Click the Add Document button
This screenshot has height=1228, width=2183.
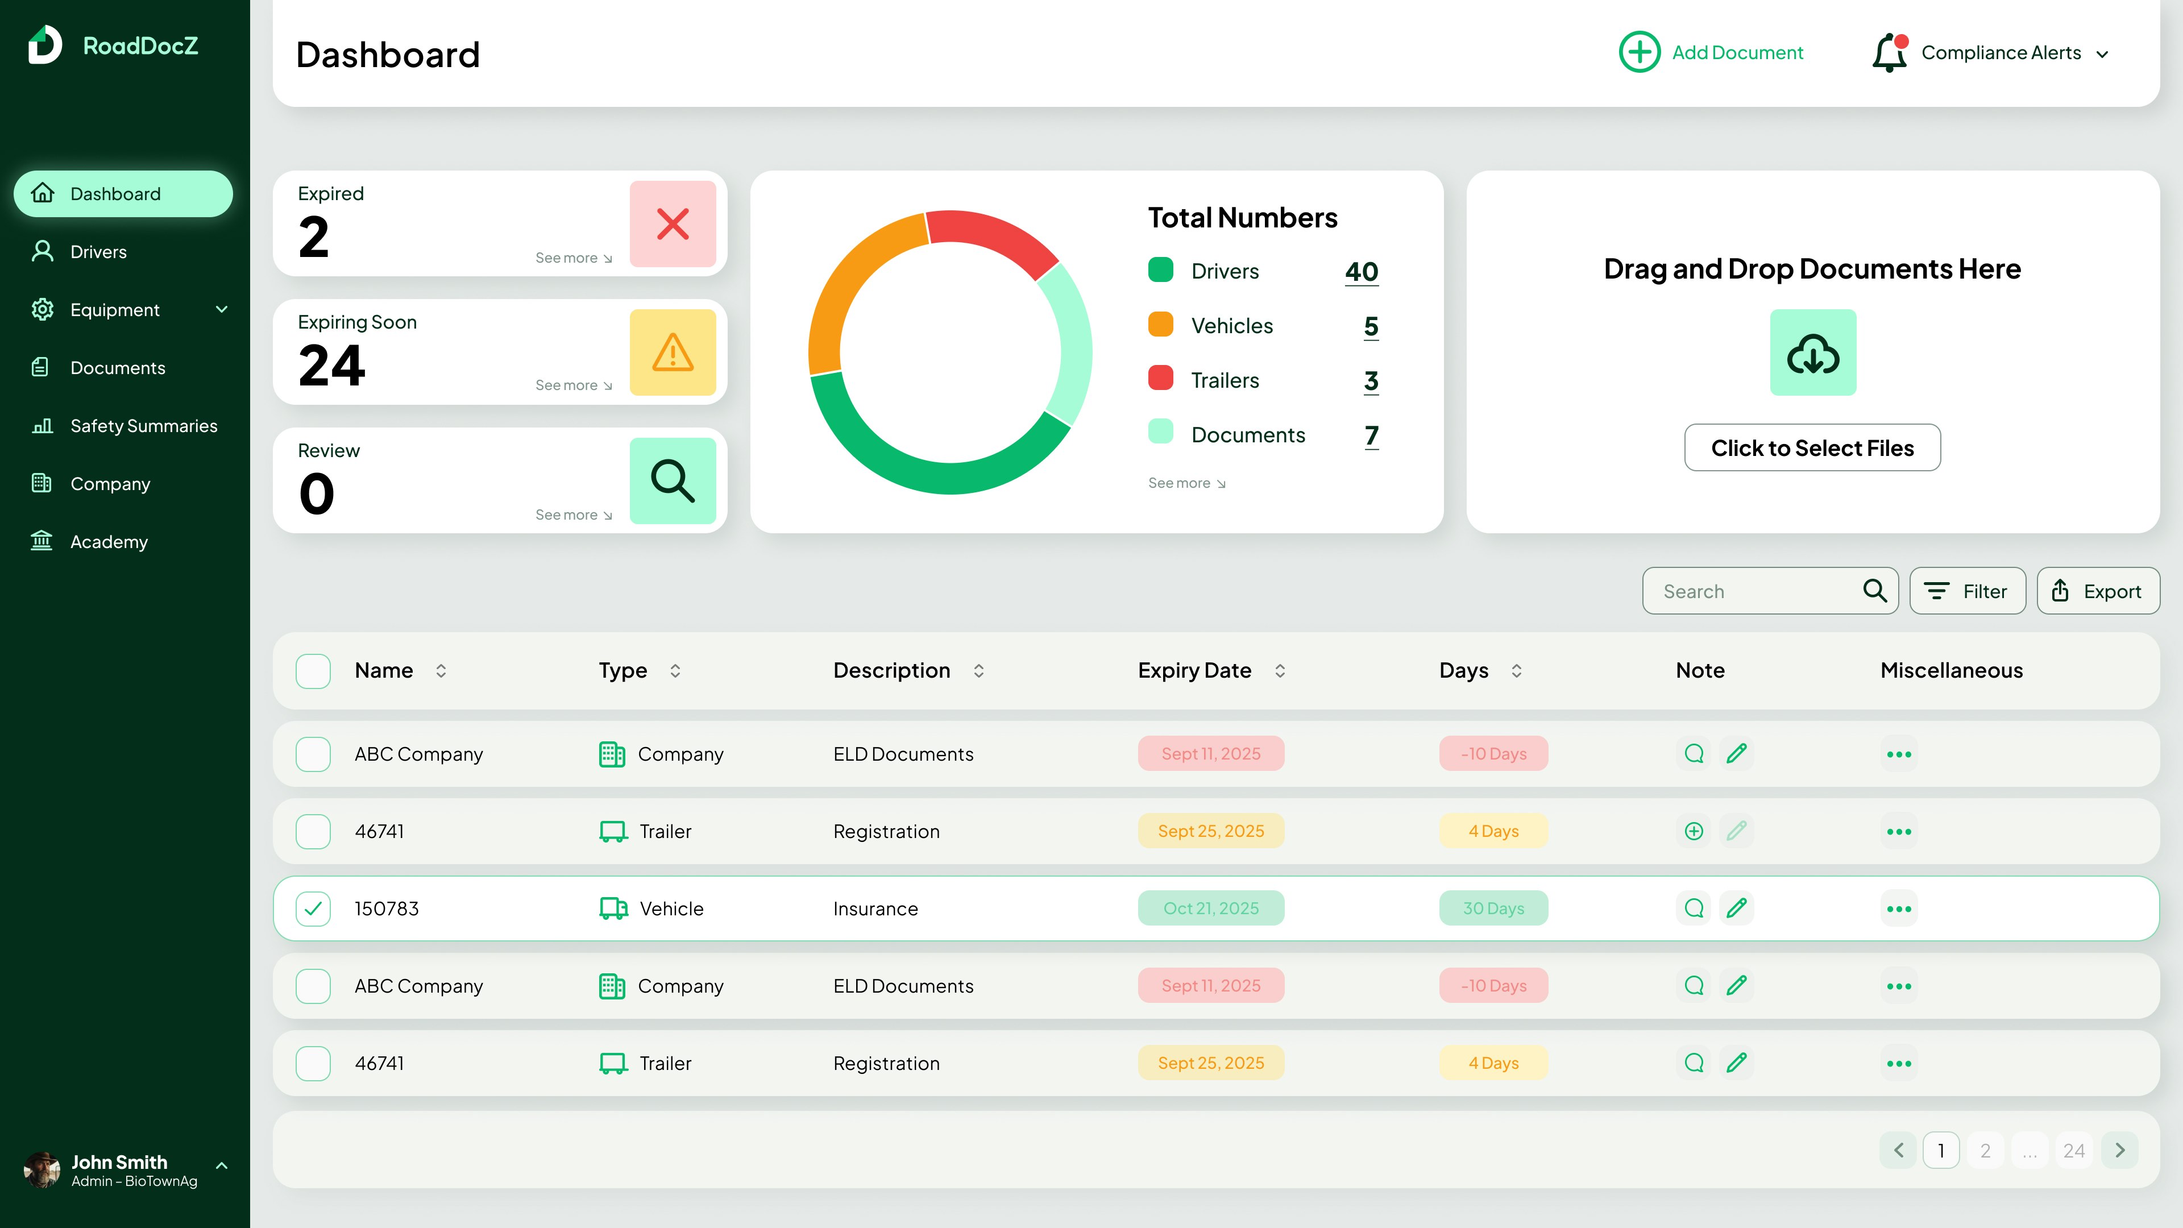(1711, 52)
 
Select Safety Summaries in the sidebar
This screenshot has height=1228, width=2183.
(143, 425)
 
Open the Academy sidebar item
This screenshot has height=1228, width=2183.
(109, 542)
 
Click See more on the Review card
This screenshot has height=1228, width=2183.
(573, 515)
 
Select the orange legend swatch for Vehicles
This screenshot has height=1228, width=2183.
(1160, 325)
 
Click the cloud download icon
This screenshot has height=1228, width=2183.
(1813, 352)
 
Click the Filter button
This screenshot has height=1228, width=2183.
(1967, 591)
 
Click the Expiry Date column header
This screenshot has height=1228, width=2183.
(1194, 670)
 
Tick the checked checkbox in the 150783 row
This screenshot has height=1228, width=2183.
(313, 908)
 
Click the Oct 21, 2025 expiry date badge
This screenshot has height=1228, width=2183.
(1210, 908)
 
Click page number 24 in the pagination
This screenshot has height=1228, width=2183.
(2074, 1151)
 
